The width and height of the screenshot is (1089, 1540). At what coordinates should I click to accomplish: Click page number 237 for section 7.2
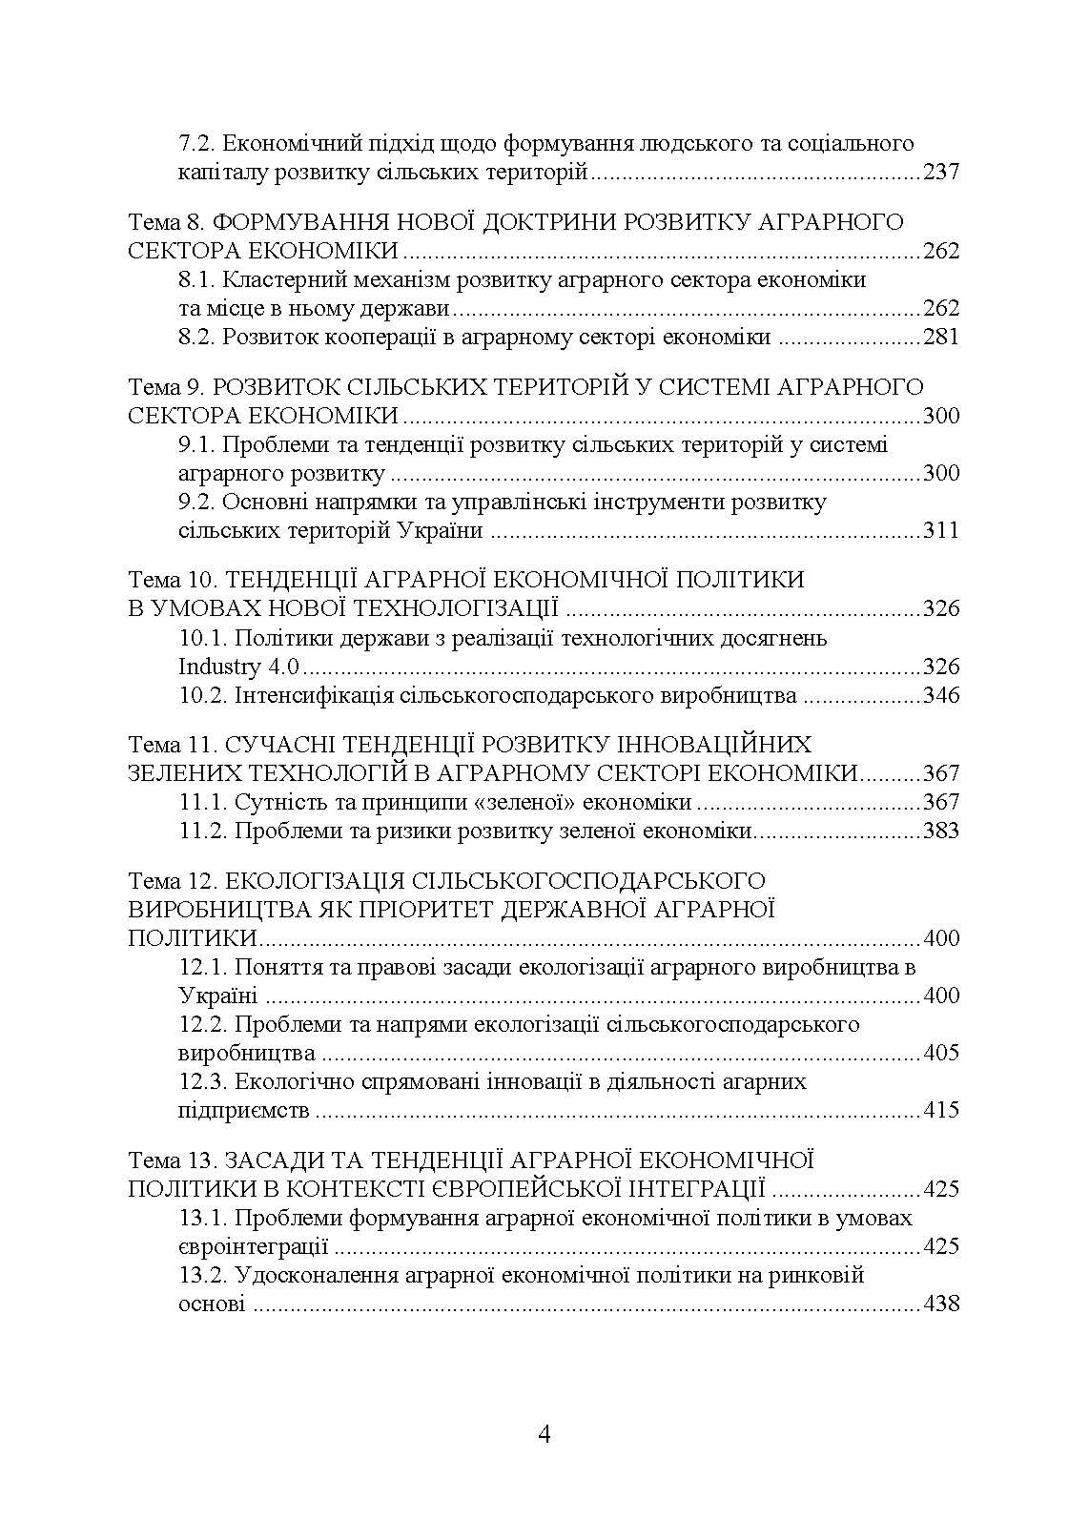click(x=940, y=173)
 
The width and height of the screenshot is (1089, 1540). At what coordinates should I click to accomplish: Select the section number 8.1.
click(x=199, y=280)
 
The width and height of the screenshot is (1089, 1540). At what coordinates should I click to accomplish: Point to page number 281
click(x=940, y=338)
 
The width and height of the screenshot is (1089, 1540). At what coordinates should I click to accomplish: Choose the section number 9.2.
click(x=199, y=502)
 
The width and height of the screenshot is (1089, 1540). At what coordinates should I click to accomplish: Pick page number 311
click(x=940, y=531)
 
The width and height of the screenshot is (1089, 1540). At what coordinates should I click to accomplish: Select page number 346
click(x=940, y=695)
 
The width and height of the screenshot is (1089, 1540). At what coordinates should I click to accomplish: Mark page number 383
click(x=940, y=831)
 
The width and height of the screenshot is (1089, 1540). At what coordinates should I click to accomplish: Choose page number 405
click(x=940, y=1054)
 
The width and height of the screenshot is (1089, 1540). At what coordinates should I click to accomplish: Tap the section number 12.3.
click(x=204, y=1082)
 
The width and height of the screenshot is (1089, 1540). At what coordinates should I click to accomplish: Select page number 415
click(x=940, y=1111)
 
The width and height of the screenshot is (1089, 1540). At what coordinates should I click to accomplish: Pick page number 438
click(x=940, y=1304)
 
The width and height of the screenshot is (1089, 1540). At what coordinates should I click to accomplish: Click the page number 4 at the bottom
click(x=544, y=1434)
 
